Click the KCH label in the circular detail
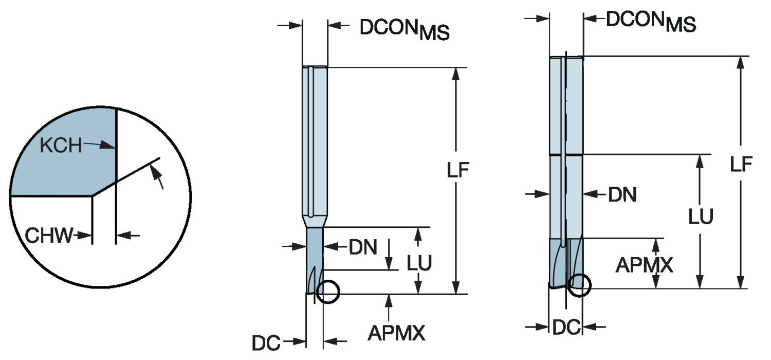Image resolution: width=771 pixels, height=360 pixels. coord(61,146)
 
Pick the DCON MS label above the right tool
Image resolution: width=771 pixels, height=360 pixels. coord(651,21)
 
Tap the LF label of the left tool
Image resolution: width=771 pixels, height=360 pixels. coord(457,171)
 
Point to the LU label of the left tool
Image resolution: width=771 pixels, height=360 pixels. coord(419,263)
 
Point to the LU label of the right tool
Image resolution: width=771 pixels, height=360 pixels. coord(701,217)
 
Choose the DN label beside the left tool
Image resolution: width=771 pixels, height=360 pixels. coord(363,248)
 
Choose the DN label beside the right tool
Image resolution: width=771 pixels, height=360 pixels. coord(622,194)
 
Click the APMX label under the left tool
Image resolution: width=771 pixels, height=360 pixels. coord(396,334)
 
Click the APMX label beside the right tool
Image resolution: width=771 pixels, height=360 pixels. coord(644,265)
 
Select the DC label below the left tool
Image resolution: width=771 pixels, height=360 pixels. coord(266,343)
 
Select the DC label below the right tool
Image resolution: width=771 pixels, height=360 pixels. coord(566,327)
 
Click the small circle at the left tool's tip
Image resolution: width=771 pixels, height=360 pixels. coord(328,292)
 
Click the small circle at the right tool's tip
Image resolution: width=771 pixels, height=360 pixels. coord(579,285)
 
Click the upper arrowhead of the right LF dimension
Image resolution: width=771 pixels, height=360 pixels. coord(740,62)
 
